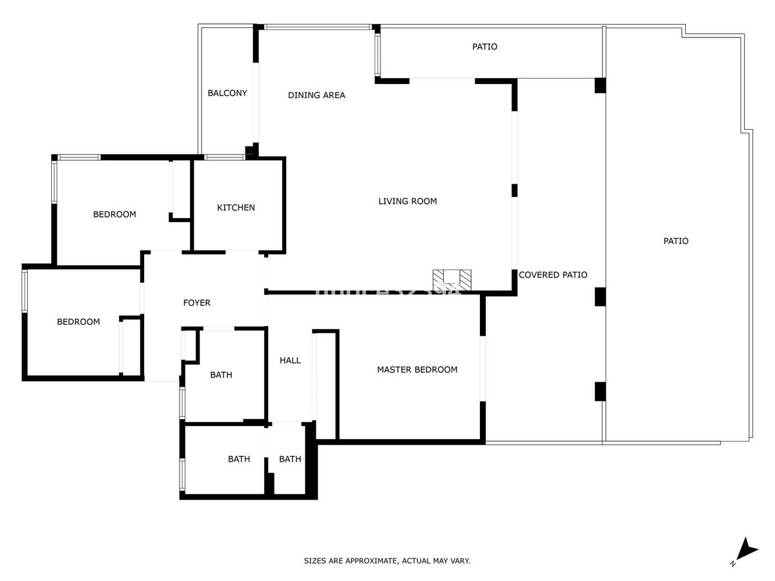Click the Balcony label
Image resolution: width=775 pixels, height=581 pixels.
point(227,93)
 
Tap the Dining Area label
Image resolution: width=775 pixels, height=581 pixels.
point(316,96)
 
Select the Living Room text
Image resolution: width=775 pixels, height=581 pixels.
point(408,201)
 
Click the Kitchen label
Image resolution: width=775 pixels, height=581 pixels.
point(236,208)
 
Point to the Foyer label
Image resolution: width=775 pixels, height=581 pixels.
point(197,303)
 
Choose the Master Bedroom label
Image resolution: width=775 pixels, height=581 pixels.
point(417,370)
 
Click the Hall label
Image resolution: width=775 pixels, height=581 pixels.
point(290,360)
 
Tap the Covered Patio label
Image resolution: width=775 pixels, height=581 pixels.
point(553,275)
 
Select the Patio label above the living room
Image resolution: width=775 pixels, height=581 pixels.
point(485,46)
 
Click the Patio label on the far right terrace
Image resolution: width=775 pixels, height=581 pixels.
point(676,241)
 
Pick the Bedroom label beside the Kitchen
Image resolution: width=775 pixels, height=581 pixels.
point(114,214)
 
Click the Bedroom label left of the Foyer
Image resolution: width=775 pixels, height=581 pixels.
point(78,321)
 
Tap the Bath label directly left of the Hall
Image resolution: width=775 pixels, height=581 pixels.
point(222,375)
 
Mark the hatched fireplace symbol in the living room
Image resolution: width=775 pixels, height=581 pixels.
point(453,278)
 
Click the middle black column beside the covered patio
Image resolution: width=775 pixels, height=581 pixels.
point(600,296)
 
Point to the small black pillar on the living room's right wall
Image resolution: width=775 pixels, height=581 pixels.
point(515,190)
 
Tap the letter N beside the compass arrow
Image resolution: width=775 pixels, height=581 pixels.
point(733,564)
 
